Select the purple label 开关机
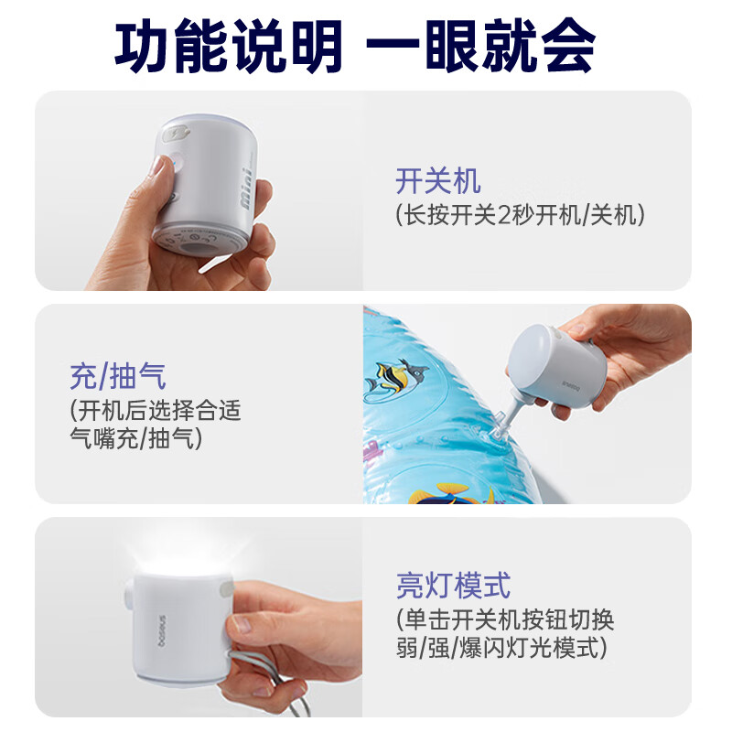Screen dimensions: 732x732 point(438,180)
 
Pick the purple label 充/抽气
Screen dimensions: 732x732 point(118,375)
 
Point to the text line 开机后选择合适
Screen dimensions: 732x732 point(156,410)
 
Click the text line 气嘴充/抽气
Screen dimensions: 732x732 point(136,439)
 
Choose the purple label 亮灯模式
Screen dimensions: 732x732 point(453,584)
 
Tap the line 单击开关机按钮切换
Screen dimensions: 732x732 point(505,619)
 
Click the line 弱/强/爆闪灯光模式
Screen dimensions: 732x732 point(502,649)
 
